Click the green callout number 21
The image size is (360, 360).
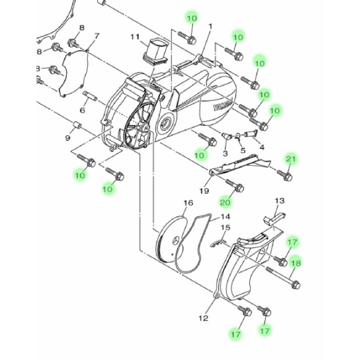pos(291,159)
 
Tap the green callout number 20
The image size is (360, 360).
pos(225,202)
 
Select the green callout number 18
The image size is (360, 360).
pos(295,263)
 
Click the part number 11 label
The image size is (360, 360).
pos(135,37)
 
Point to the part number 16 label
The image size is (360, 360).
pos(188,203)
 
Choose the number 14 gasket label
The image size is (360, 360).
pos(225,217)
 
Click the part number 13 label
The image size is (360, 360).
pos(280,201)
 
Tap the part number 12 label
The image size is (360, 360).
pos(204,318)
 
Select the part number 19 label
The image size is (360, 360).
pos(204,191)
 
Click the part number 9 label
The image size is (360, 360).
pos(67,138)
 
